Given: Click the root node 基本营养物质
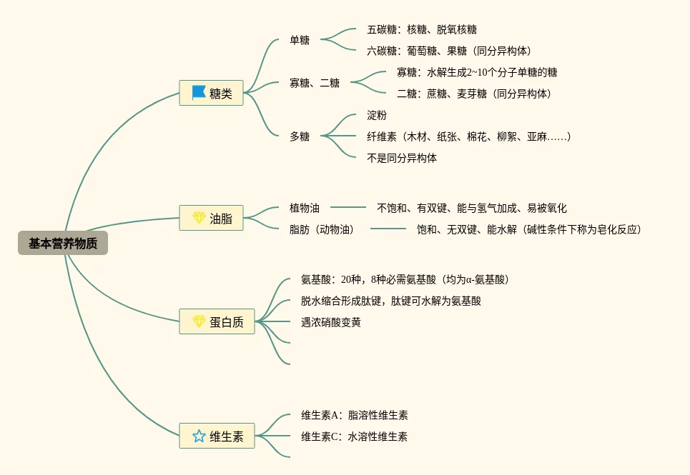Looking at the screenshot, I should pyautogui.click(x=63, y=244).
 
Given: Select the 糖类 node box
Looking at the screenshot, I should pyautogui.click(x=211, y=93).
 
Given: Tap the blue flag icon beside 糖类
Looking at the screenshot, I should pyautogui.click(x=198, y=93).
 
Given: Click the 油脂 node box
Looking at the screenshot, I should pyautogui.click(x=211, y=218).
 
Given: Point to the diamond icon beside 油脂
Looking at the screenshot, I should pyautogui.click(x=199, y=218).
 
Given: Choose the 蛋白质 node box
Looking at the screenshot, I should pyautogui.click(x=217, y=321).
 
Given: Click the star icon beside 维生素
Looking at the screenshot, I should pyautogui.click(x=199, y=436).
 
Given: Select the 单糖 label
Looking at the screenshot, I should pyautogui.click(x=300, y=40).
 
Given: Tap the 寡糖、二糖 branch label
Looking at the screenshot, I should pyautogui.click(x=315, y=83).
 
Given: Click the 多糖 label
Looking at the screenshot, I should pyautogui.click(x=300, y=136).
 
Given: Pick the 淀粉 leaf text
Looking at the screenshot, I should pyautogui.click(x=376, y=115).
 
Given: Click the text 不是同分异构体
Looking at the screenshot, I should pyautogui.click(x=401, y=158).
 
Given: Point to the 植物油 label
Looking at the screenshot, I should pyautogui.click(x=305, y=208).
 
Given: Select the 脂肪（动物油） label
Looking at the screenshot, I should pyautogui.click(x=322, y=229).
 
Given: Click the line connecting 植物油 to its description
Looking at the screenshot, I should pyautogui.click(x=348, y=208).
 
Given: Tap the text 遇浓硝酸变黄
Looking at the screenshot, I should pyautogui.click(x=330, y=322).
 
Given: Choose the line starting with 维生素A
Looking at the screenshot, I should pyautogui.click(x=354, y=415).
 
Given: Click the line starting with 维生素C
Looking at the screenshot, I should pyautogui.click(x=354, y=436).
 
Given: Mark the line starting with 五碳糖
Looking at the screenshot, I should pyautogui.click(x=421, y=29).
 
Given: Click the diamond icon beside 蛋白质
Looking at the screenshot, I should pyautogui.click(x=199, y=321).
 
